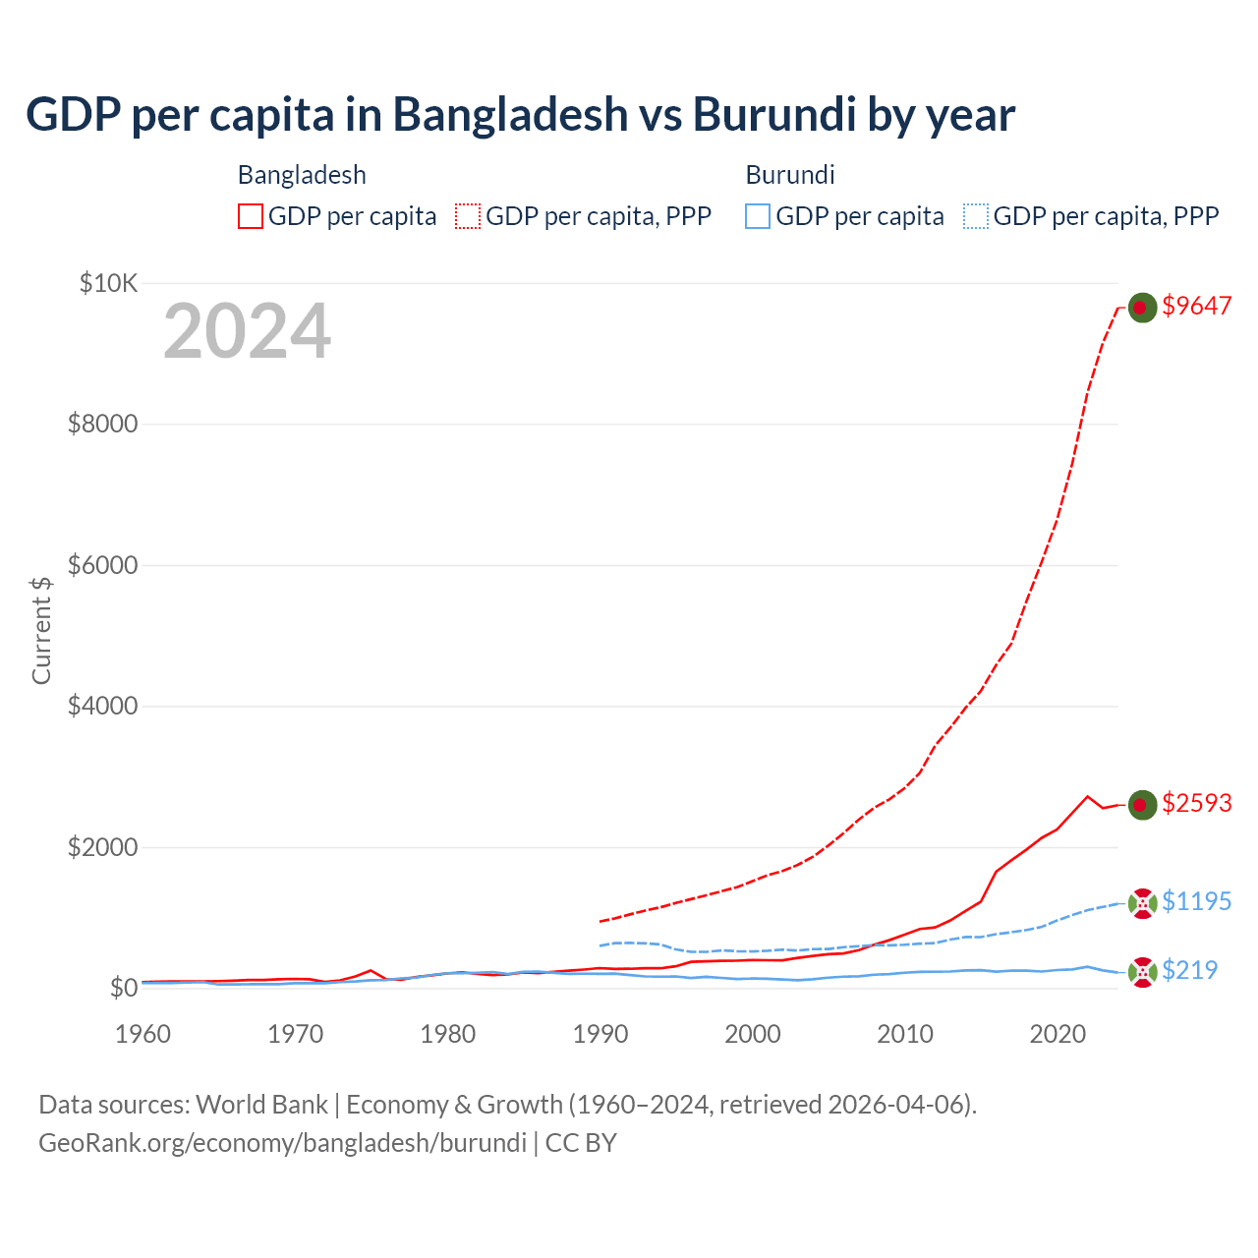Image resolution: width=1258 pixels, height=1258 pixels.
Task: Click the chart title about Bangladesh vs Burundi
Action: click(x=520, y=115)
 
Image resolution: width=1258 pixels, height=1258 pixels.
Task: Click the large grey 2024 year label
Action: click(x=247, y=332)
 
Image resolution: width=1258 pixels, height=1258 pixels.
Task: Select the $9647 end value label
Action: click(x=1196, y=306)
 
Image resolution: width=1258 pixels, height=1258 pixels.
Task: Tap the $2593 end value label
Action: click(x=1196, y=803)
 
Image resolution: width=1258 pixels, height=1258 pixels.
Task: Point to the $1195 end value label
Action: click(x=1196, y=901)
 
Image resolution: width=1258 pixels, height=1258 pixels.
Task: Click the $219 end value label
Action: click(x=1189, y=970)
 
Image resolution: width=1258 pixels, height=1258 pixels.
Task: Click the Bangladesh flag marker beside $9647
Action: click(x=1141, y=308)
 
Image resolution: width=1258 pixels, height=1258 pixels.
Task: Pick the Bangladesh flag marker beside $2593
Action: click(x=1141, y=805)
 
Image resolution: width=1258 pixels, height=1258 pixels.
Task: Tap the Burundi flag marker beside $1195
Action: click(x=1142, y=903)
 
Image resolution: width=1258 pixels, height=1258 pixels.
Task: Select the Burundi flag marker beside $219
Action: click(x=1142, y=972)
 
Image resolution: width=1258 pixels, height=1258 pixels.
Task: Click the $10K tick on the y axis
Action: click(x=108, y=284)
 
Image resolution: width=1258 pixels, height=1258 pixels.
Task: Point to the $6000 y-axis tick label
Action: click(x=102, y=565)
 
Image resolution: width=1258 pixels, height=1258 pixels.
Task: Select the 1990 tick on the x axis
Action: click(x=600, y=1034)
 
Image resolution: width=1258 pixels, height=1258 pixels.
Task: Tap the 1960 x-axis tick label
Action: click(x=143, y=1034)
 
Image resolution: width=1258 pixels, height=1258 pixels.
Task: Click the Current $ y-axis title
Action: click(x=41, y=630)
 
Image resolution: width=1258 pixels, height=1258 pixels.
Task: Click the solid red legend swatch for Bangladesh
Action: click(x=251, y=216)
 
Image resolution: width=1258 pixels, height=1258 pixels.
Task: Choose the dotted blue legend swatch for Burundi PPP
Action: click(x=975, y=216)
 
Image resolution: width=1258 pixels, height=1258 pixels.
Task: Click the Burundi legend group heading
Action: click(x=790, y=175)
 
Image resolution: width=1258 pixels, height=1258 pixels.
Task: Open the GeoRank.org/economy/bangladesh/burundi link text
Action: click(x=282, y=1143)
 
